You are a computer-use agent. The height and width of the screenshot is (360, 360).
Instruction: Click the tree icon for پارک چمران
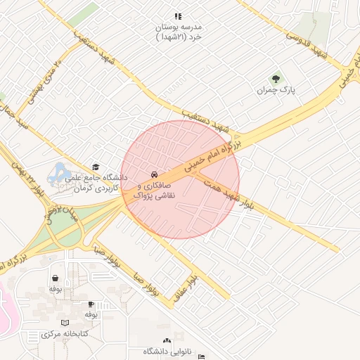click(275, 79)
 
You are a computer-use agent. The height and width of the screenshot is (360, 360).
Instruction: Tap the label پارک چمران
click(274, 91)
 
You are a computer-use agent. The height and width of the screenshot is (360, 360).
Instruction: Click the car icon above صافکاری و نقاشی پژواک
click(153, 174)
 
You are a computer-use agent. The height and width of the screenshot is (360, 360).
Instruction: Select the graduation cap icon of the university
click(96, 167)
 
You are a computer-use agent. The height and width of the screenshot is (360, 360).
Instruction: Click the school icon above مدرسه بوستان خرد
click(178, 15)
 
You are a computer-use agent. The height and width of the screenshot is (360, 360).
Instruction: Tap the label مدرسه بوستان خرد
click(179, 32)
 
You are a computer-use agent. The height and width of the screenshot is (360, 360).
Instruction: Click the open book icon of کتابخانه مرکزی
click(65, 322)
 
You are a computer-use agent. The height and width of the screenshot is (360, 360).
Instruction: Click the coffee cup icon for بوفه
click(90, 304)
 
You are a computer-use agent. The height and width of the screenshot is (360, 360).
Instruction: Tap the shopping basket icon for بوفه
click(55, 278)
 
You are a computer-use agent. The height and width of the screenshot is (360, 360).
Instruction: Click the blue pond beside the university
click(58, 170)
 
